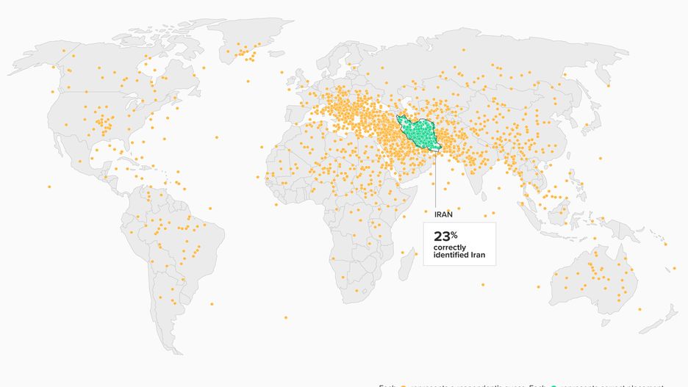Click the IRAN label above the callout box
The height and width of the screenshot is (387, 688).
point(443,214)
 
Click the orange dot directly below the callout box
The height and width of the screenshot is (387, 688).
point(482,285)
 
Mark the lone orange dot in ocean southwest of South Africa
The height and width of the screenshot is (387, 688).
point(285,317)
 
